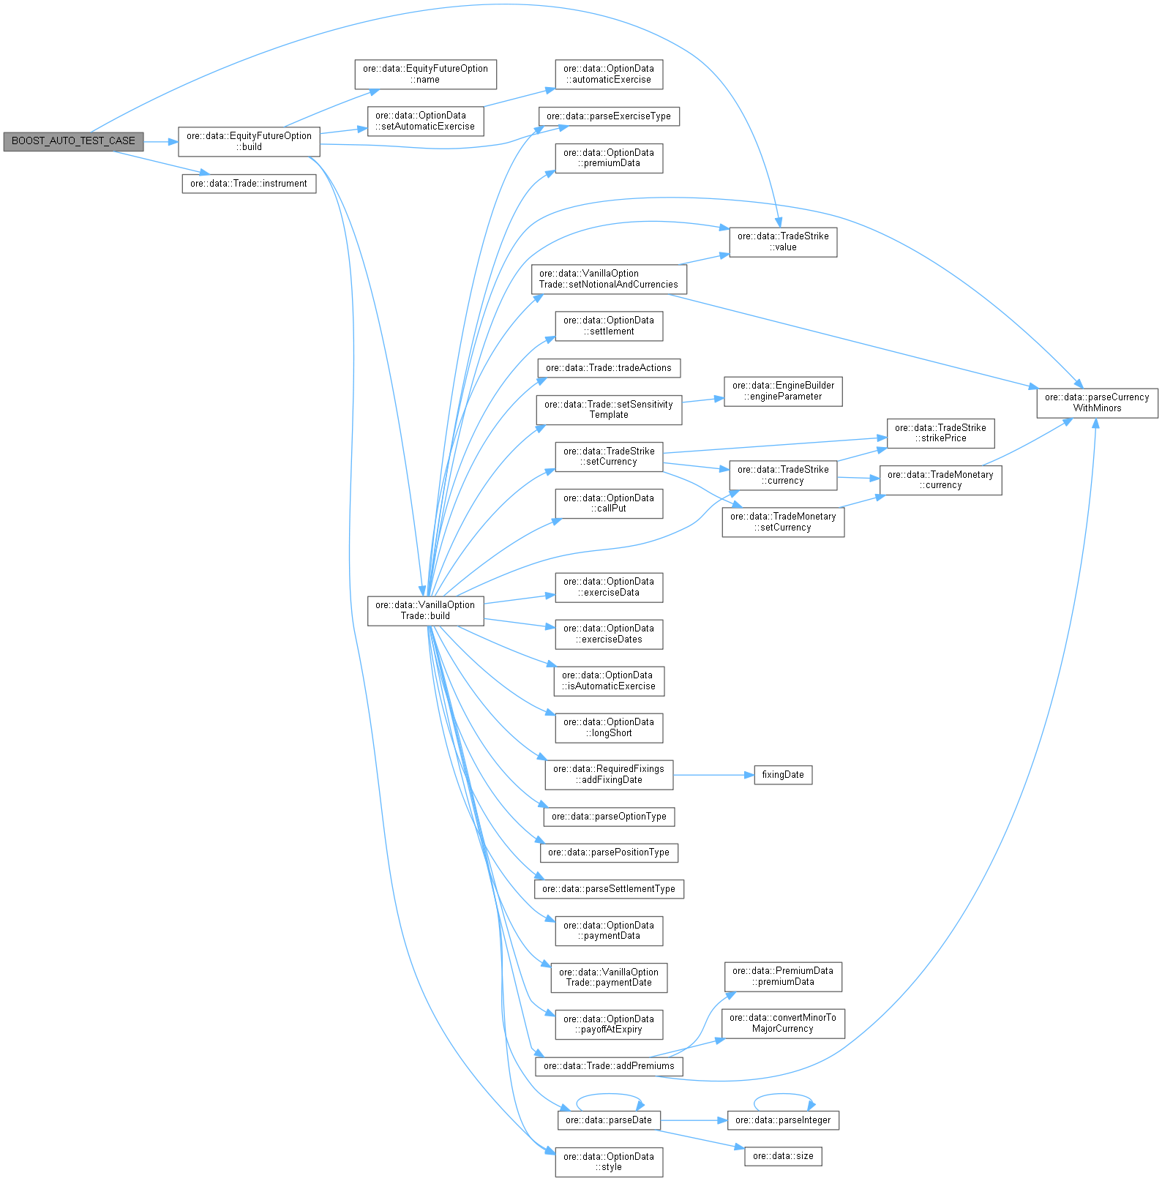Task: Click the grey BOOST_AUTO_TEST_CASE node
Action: tap(73, 141)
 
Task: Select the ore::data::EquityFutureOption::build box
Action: tap(249, 141)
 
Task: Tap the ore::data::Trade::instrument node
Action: tap(249, 184)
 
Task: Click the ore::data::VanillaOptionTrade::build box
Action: tap(425, 610)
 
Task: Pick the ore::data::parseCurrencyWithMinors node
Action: tap(1097, 402)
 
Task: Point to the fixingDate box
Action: tap(783, 775)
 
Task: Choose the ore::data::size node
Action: tap(783, 1156)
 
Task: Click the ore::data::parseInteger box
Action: tap(783, 1120)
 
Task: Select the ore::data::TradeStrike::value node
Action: tap(783, 241)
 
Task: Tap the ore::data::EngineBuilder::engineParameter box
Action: tap(783, 391)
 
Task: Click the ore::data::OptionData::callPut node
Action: tap(609, 503)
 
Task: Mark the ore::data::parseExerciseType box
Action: tap(609, 116)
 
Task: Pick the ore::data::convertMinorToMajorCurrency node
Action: tap(783, 1023)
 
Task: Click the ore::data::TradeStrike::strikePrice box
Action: tap(940, 433)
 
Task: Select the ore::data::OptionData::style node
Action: tap(609, 1162)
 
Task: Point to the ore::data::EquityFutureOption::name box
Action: tap(425, 74)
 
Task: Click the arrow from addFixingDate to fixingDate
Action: tap(713, 775)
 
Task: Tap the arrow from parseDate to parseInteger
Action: tap(694, 1120)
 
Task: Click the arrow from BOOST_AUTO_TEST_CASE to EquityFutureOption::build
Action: tap(161, 141)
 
